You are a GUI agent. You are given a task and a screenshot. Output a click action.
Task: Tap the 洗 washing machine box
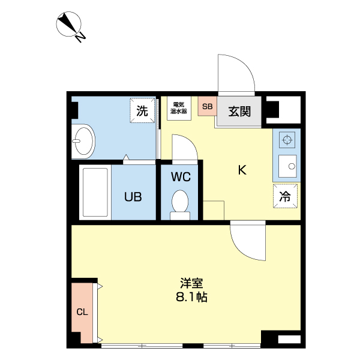click(x=142, y=111)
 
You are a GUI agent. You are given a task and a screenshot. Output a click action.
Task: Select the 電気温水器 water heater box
click(x=178, y=107)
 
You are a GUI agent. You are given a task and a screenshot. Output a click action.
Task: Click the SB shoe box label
click(x=207, y=107)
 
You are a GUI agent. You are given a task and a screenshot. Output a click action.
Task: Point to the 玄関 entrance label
click(x=239, y=111)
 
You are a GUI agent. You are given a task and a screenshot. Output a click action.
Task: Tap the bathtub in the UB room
click(x=95, y=193)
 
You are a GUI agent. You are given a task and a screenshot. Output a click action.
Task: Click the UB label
click(x=133, y=196)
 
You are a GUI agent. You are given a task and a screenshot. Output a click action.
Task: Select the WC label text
click(x=181, y=177)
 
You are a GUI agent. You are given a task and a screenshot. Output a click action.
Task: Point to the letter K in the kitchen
click(x=242, y=170)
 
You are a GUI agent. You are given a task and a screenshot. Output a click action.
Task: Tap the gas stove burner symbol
click(x=287, y=140)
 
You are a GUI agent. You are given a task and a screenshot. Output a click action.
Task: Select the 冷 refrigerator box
click(x=286, y=196)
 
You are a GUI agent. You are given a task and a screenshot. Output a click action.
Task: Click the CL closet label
click(x=82, y=312)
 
